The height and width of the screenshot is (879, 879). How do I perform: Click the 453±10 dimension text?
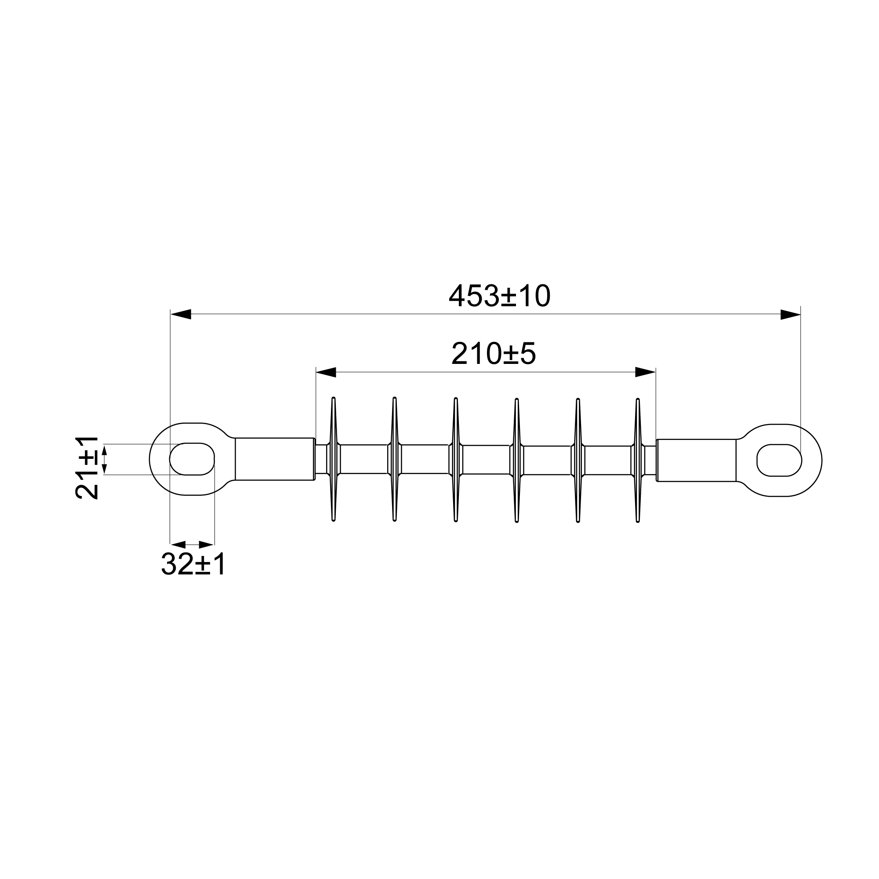point(500,296)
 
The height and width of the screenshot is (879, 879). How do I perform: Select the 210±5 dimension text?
point(494,354)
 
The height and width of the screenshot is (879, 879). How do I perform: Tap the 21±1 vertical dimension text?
point(87,468)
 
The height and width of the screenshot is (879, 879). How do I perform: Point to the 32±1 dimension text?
point(193,565)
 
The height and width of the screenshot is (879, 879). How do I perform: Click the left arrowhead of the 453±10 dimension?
point(180,314)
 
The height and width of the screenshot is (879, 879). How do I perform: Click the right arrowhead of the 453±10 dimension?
point(790,314)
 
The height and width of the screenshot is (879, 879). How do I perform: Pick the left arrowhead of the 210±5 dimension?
point(326,372)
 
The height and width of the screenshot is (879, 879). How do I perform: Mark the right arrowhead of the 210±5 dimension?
point(646,372)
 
